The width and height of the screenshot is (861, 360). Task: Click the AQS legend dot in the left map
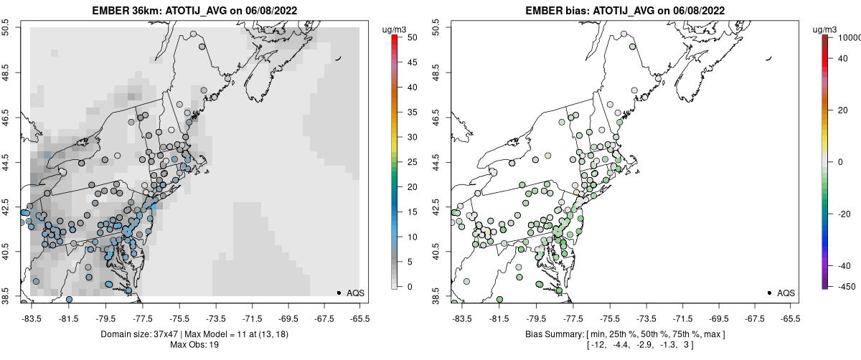pyautogui.click(x=339, y=293)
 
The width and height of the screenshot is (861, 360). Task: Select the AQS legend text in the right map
pyautogui.click(x=786, y=293)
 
